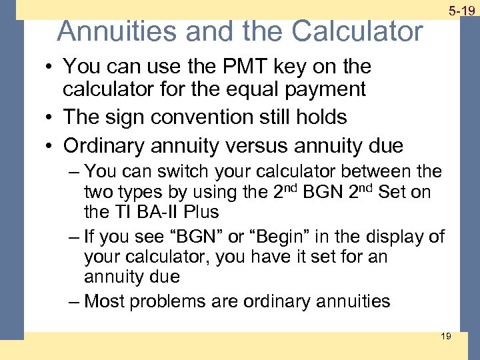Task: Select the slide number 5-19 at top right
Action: pos(461,11)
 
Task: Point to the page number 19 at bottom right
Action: pos(445,336)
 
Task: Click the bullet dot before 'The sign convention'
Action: pos(51,118)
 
